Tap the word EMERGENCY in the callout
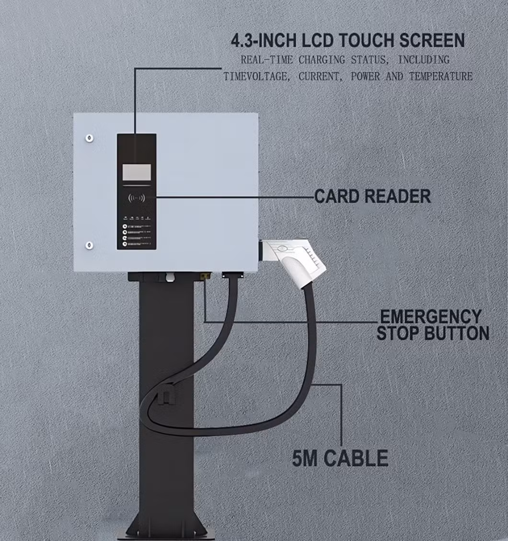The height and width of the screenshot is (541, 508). pos(430,316)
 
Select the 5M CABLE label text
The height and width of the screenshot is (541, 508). pos(340,458)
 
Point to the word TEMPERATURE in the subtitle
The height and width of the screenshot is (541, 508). pos(441,77)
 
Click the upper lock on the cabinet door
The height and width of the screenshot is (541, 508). pos(89,138)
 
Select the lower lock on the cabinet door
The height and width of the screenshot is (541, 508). pos(89,246)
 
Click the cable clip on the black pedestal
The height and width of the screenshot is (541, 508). pos(164,395)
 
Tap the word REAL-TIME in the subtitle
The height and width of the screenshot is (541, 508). pos(267,60)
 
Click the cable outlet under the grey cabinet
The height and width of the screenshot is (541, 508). pos(231,275)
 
